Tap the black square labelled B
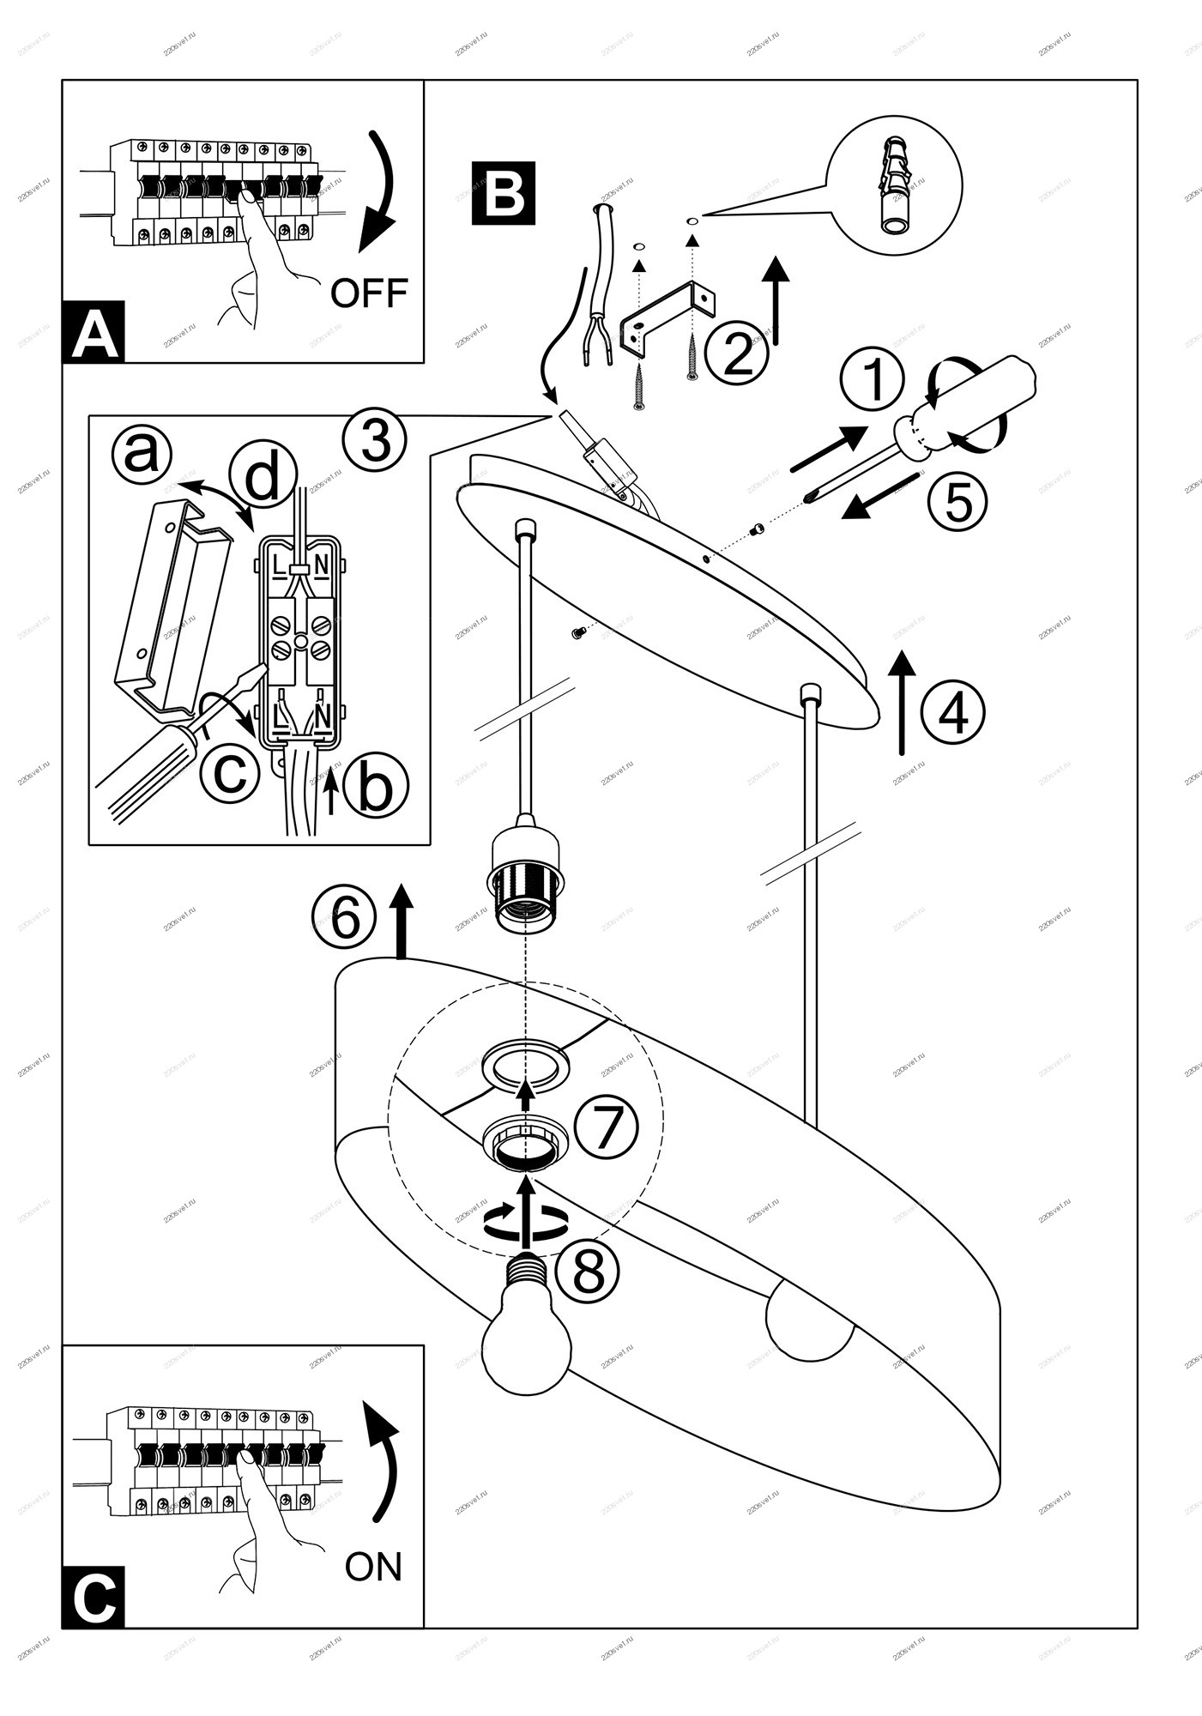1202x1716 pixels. click(504, 193)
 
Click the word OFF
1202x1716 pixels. click(369, 293)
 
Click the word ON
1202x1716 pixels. click(373, 1567)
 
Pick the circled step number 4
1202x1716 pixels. click(952, 711)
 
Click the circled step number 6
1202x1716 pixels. click(344, 919)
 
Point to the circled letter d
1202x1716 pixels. click(263, 477)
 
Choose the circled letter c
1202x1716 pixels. click(229, 771)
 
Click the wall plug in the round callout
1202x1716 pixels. click(896, 187)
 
